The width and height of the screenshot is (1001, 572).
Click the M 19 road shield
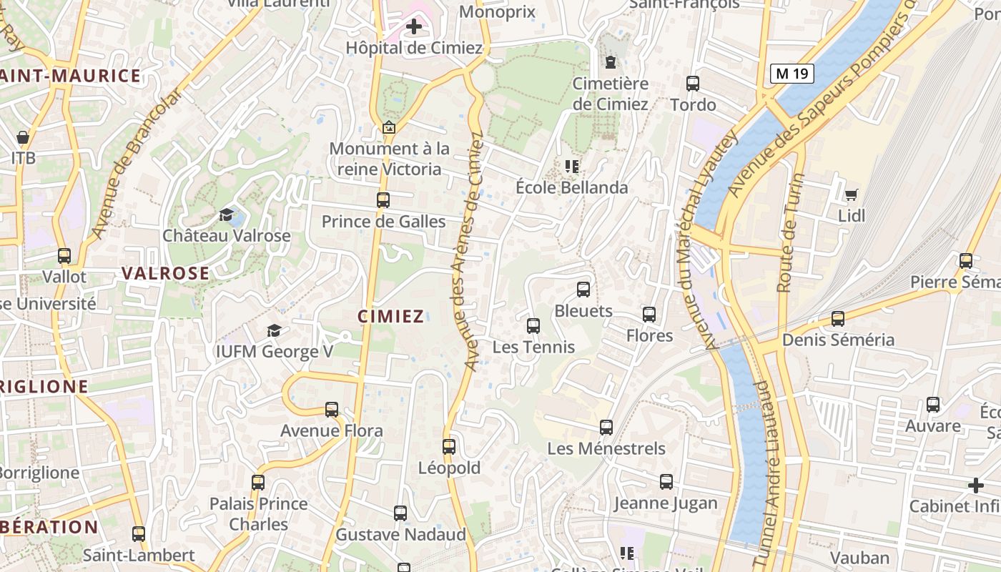792,74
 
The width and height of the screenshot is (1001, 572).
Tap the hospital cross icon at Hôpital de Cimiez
413,27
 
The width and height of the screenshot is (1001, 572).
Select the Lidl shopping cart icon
851,194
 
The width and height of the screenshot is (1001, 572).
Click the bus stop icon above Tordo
692,84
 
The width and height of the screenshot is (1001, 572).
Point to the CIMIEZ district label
390,316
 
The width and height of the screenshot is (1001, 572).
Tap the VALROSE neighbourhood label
165,273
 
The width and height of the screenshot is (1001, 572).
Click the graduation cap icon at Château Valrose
227,214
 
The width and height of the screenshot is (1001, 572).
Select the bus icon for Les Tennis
533,326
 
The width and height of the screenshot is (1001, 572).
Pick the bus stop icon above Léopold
448,447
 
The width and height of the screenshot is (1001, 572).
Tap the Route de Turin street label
788,232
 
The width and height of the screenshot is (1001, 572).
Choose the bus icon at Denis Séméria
838,319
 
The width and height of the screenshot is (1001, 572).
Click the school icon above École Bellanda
571,167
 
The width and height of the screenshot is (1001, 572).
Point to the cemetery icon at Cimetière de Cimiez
610,62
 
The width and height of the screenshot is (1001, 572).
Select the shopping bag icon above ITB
23,137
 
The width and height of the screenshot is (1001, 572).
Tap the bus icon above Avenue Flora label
331,410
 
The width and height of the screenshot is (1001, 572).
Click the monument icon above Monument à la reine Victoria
389,128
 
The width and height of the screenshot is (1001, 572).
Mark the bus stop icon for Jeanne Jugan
666,482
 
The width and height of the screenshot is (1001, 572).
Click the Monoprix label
497,11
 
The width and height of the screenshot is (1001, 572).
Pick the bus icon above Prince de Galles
383,200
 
